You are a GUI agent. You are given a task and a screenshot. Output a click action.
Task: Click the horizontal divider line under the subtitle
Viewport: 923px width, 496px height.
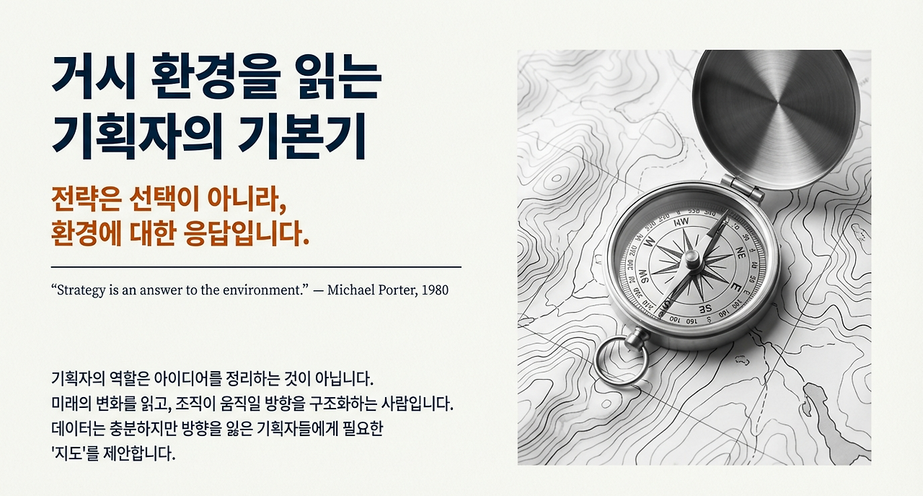coord(256,267)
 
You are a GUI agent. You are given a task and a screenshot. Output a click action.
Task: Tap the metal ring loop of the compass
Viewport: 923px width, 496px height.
coord(619,360)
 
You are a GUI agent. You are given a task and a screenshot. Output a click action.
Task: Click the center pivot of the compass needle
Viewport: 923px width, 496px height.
coord(689,261)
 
